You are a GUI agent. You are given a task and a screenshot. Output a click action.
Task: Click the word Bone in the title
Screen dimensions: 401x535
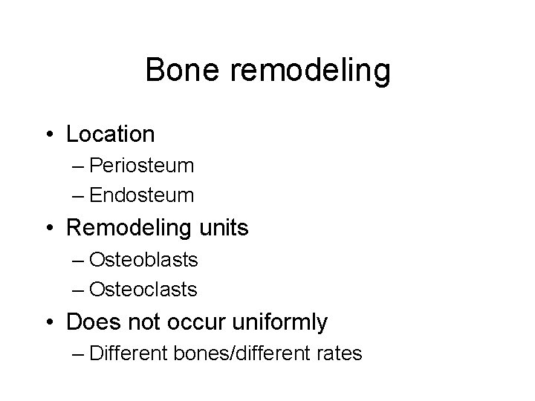(x=178, y=71)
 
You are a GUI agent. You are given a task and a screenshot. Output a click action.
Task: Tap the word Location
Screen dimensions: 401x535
(x=110, y=134)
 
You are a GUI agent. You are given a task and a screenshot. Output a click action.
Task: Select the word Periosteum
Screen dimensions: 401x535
(x=141, y=166)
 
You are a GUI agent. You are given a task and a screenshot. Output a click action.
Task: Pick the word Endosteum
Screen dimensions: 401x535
(x=141, y=196)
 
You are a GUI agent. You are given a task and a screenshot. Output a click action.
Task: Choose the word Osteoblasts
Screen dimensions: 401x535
(x=143, y=259)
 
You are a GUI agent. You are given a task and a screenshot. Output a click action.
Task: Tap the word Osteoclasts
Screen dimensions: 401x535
(x=143, y=290)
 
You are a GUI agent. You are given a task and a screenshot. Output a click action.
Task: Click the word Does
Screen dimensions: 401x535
(x=90, y=322)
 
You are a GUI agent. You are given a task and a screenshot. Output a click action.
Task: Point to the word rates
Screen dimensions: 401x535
(x=340, y=353)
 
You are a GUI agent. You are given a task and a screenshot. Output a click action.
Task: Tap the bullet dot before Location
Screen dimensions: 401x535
(x=49, y=135)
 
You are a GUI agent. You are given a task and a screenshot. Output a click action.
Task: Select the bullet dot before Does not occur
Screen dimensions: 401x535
(x=49, y=322)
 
